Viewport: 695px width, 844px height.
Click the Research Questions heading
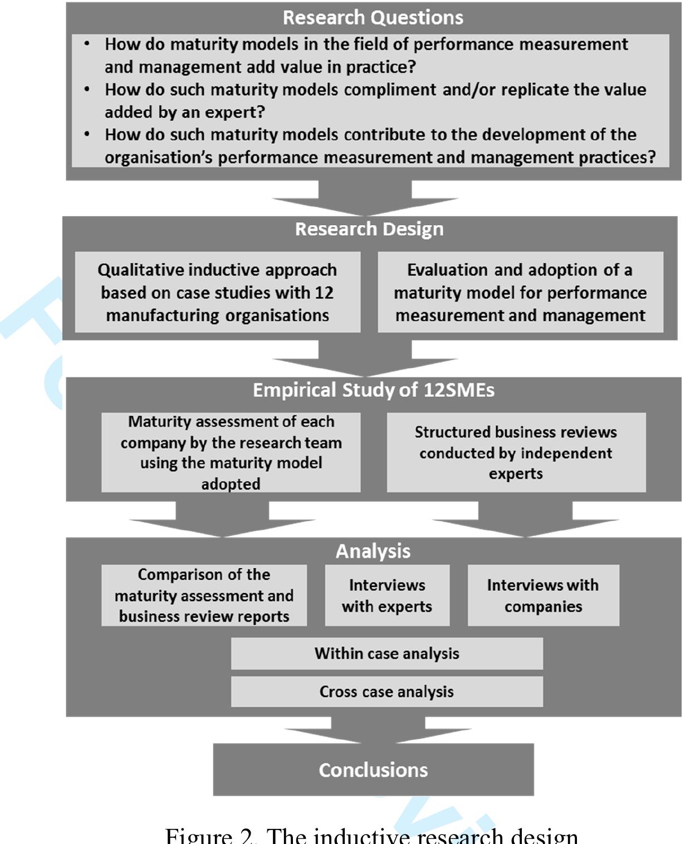(x=373, y=18)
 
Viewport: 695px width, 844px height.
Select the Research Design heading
(x=369, y=229)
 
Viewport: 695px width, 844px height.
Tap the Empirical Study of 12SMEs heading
(x=373, y=390)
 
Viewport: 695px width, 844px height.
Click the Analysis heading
(x=373, y=551)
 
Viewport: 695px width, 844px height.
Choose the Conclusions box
(x=373, y=770)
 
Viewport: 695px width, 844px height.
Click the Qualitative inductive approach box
(x=217, y=293)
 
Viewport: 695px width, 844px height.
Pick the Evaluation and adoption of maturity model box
(x=520, y=293)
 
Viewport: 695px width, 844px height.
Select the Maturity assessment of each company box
(x=231, y=453)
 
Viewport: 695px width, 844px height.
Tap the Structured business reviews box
(x=516, y=453)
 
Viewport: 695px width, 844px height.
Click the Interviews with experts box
(x=387, y=595)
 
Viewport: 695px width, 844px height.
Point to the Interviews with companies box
(x=543, y=595)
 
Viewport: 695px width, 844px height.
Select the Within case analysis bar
(x=386, y=653)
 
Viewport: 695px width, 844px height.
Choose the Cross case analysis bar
(x=386, y=692)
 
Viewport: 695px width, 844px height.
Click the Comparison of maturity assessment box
(x=204, y=595)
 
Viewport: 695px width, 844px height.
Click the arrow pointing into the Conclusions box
(x=378, y=730)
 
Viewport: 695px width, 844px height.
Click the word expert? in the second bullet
(x=240, y=112)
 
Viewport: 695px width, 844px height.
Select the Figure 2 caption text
(x=371, y=835)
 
